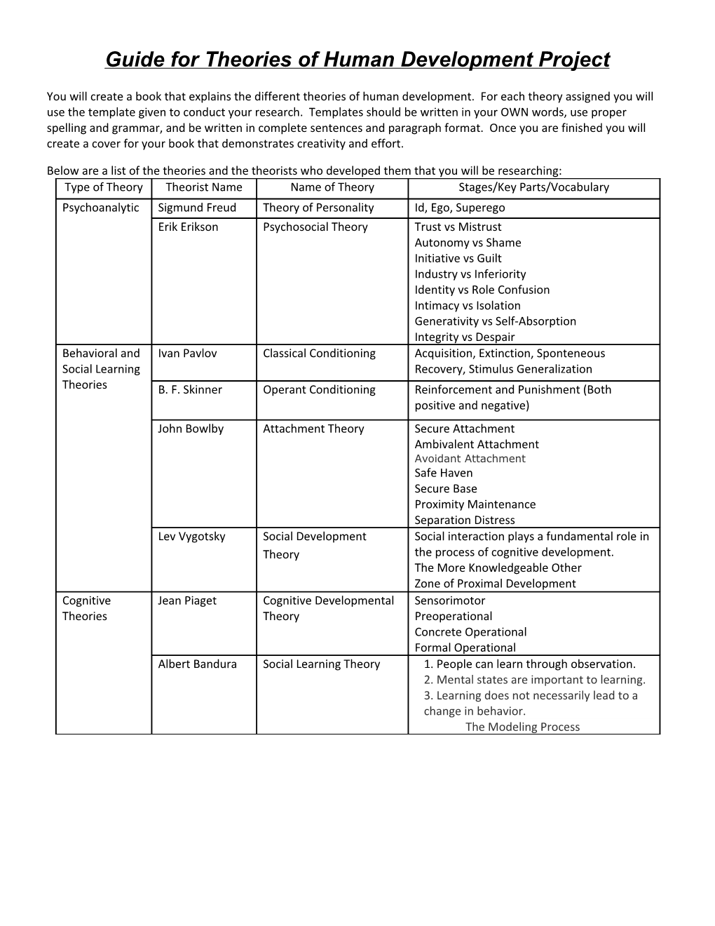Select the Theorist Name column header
pos(204,187)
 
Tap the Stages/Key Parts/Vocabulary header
pos(533,187)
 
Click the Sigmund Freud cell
pos(197,208)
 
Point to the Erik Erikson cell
pos(188,227)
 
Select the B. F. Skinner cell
pos(190,390)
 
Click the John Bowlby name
pos(191,429)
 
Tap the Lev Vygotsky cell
pos(191,537)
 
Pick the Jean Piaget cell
pos(187,600)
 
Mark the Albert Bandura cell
pos(197,664)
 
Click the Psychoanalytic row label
pos(101,208)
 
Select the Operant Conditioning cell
pos(319,390)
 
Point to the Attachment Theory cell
pos(313,429)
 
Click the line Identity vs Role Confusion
pos(482,290)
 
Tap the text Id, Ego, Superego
pos(459,208)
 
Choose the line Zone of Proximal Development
pos(495,584)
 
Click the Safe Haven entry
pos(443,473)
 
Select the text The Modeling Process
pos(522,727)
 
